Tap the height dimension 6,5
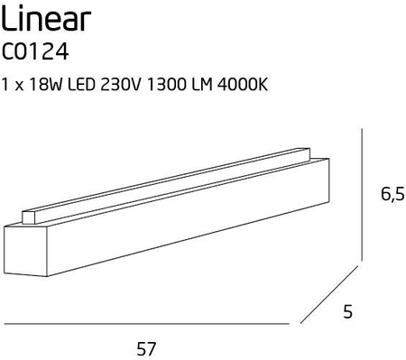click(386, 193)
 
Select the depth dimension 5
click(346, 313)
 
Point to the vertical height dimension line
click(363, 194)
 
